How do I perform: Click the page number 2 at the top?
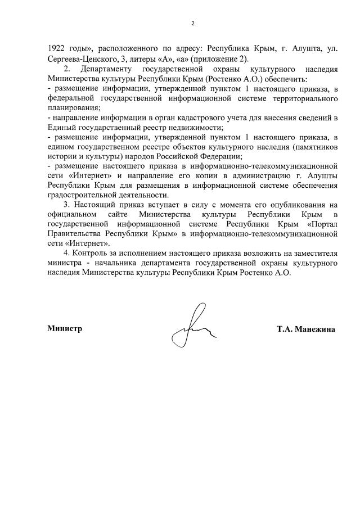[x=192, y=24]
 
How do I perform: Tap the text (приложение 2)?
[x=224, y=60]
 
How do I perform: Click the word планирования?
[x=74, y=107]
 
